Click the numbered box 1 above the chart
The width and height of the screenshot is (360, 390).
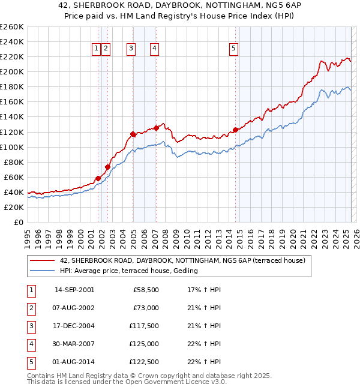(x=96, y=49)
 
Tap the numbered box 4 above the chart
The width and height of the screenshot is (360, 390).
(x=154, y=49)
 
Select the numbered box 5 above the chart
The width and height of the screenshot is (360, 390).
(x=233, y=49)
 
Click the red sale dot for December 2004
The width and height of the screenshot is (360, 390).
(x=133, y=134)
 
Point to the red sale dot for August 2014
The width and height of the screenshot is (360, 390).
(x=235, y=130)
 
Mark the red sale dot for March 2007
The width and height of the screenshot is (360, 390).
(x=156, y=128)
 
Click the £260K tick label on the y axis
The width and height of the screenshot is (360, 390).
(x=12, y=27)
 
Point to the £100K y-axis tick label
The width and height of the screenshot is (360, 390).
(x=12, y=147)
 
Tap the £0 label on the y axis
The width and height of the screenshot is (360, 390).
(x=19, y=222)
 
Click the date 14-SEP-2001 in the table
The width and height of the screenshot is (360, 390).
(x=74, y=290)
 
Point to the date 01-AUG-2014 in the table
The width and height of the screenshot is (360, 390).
(x=74, y=362)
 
